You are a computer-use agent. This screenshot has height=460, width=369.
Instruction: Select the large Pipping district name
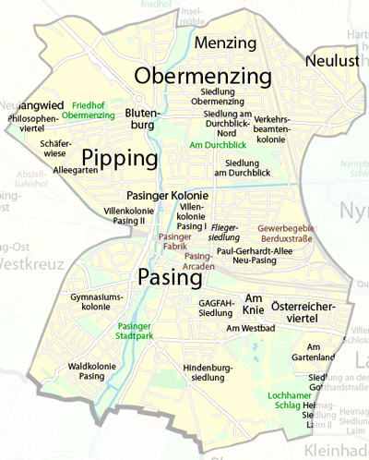click(x=119, y=158)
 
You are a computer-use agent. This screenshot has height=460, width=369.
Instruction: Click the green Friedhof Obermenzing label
click(x=94, y=110)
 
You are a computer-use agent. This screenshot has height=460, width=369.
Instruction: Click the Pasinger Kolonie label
click(x=167, y=197)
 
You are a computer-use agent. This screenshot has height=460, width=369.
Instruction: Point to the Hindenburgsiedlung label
click(x=203, y=372)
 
